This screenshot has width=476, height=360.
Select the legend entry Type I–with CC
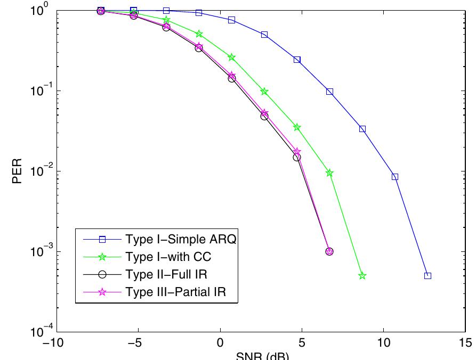pyautogui.click(x=168, y=257)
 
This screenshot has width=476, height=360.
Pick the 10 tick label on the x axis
pyautogui.click(x=383, y=342)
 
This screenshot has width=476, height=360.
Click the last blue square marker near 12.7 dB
pyautogui.click(x=427, y=276)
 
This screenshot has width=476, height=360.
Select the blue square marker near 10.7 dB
pyautogui.click(x=395, y=177)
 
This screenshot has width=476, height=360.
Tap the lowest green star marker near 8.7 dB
pyautogui.click(x=362, y=276)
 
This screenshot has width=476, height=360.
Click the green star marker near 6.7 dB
pyautogui.click(x=329, y=173)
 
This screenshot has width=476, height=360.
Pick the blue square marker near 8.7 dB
pyautogui.click(x=362, y=129)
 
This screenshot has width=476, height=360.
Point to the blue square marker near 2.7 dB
pyautogui.click(x=264, y=35)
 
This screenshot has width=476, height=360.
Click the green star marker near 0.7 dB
pyautogui.click(x=232, y=57)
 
